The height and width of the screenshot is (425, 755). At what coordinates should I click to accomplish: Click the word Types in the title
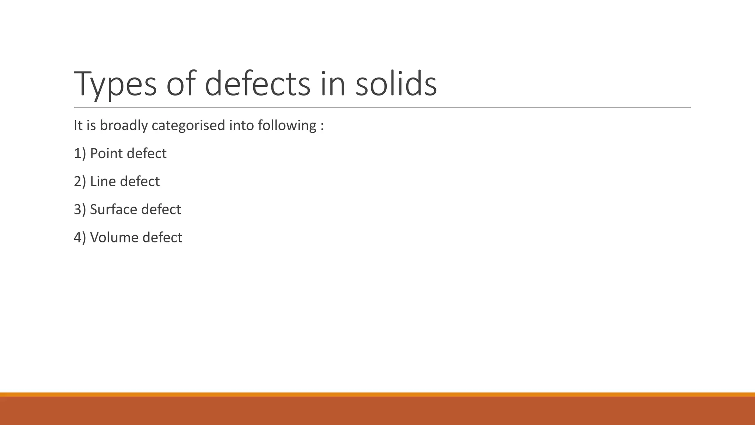115,85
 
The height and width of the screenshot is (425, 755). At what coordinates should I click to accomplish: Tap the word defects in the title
257,84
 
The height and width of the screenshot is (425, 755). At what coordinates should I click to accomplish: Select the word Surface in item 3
113,210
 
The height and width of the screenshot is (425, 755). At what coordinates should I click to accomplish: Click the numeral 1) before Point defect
80,153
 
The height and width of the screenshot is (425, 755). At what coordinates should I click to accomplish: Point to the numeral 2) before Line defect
80,182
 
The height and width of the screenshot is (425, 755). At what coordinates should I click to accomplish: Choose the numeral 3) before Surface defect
80,210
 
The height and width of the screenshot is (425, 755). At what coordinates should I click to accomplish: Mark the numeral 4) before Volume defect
80,238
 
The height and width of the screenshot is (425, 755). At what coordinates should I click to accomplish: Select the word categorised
188,126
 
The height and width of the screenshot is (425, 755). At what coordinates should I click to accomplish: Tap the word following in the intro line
287,126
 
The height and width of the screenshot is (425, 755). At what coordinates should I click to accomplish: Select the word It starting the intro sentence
78,126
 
